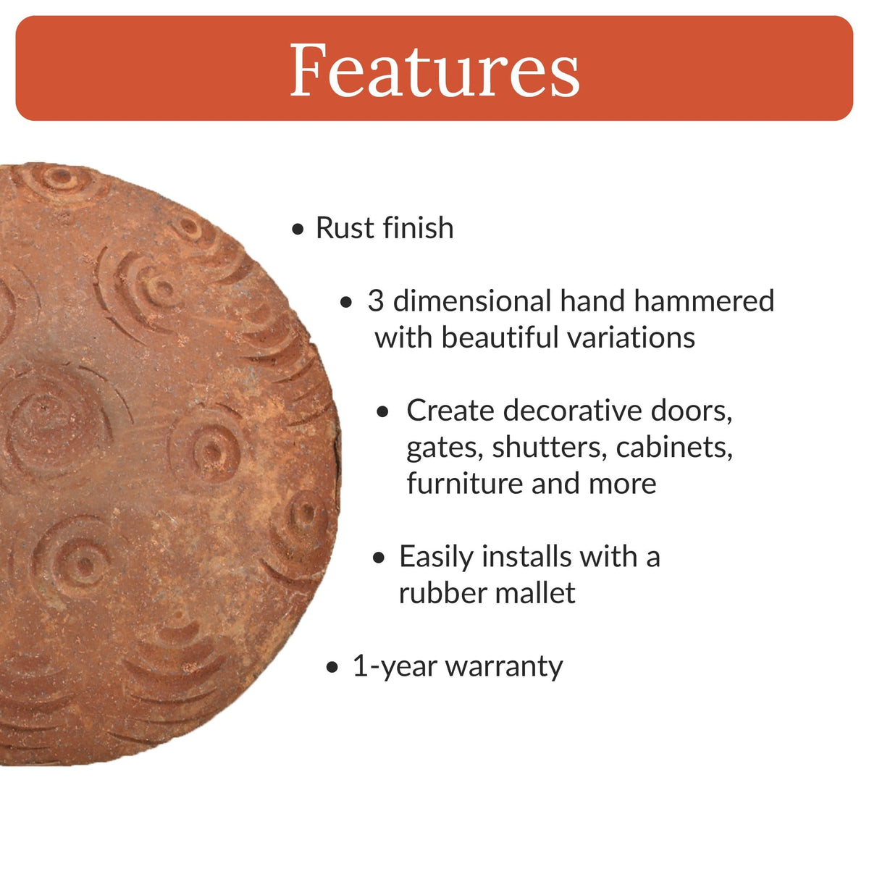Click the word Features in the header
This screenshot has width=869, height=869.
(x=434, y=70)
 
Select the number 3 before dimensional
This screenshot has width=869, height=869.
(x=375, y=301)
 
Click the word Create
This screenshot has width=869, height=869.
(x=450, y=411)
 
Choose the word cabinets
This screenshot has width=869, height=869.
(x=674, y=448)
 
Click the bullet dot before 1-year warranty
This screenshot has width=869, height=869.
(x=332, y=668)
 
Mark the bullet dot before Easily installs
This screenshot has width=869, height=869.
(x=379, y=558)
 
